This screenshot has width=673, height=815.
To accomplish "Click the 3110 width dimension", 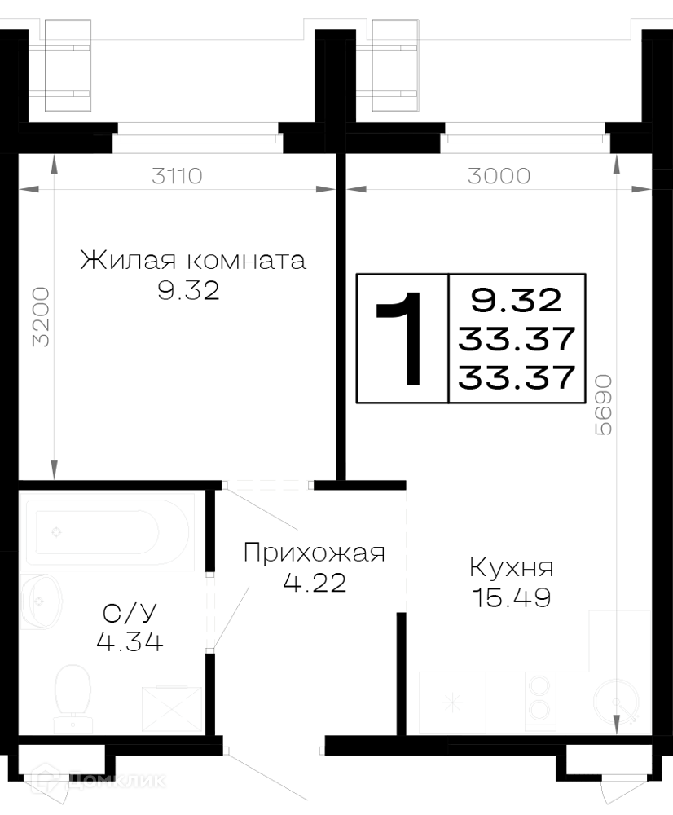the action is [177, 176].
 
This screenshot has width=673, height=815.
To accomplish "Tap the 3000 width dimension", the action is [499, 176].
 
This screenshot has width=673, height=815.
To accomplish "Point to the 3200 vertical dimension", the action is [41, 316].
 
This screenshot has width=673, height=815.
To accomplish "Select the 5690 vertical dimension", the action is [604, 405].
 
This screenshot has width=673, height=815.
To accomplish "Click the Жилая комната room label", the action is [193, 260].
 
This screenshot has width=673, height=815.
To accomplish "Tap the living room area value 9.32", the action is [188, 291].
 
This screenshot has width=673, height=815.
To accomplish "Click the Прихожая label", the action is [315, 553].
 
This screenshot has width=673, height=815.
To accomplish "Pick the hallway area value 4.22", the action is [315, 583].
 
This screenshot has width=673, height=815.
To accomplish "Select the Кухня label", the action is [512, 567].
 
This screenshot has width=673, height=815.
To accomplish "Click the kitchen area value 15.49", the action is [512, 597].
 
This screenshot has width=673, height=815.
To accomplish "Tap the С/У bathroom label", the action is [130, 614].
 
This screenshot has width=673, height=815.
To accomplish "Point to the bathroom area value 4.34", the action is [130, 642].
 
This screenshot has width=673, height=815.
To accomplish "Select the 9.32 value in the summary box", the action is [517, 300].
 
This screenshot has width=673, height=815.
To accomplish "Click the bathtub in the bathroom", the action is [110, 532].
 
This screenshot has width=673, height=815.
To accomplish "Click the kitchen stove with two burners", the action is [540, 701].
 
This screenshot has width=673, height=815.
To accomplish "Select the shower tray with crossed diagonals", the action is [171, 709].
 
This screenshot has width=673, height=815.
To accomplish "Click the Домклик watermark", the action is [99, 780].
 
